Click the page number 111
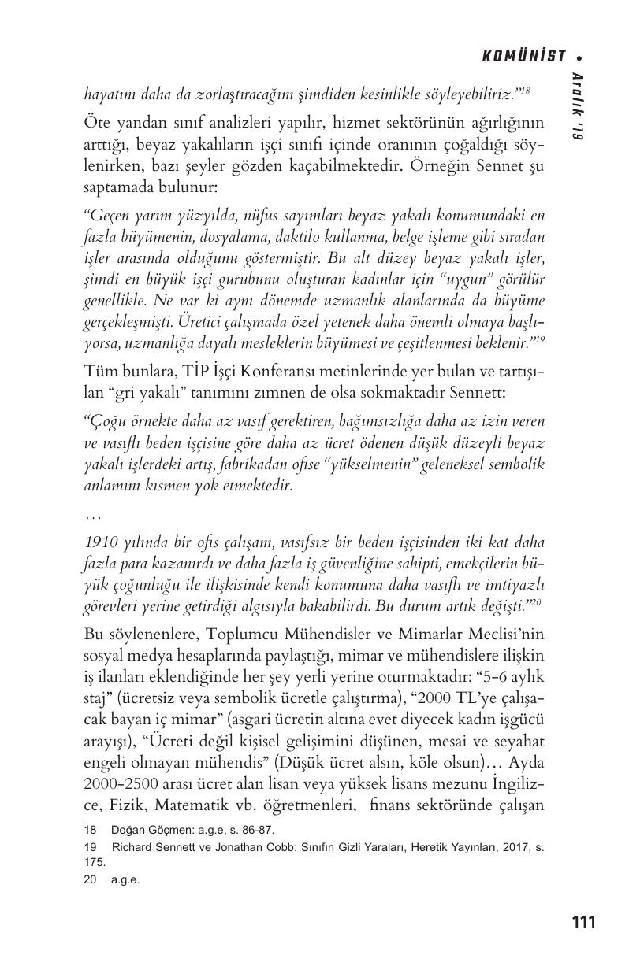(x=582, y=922)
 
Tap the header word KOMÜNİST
(x=524, y=56)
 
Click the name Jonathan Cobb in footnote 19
(x=229, y=848)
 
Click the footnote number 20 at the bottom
(x=91, y=880)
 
